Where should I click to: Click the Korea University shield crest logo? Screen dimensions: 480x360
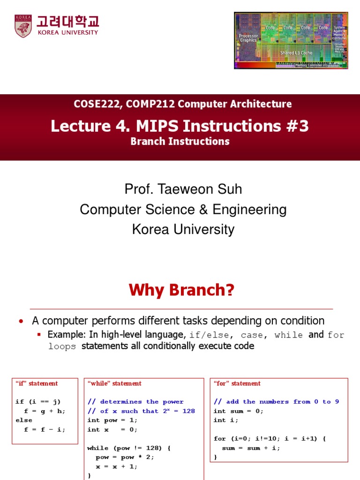[x=22, y=25]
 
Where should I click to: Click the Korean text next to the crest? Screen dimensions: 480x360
[x=68, y=22]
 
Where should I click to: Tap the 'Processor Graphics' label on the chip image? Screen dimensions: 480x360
[x=248, y=38]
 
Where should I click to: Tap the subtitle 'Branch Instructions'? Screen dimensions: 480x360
[x=180, y=141]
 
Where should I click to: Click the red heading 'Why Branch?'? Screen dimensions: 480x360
[x=181, y=291]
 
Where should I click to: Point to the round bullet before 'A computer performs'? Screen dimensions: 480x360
[x=21, y=321]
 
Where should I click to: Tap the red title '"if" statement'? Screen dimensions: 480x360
[x=37, y=383]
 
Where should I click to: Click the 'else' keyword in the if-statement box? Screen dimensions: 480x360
[x=24, y=420]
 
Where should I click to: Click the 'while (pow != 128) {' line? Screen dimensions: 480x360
[x=129, y=448]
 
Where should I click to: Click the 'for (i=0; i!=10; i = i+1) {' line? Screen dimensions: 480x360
[x=270, y=438]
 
